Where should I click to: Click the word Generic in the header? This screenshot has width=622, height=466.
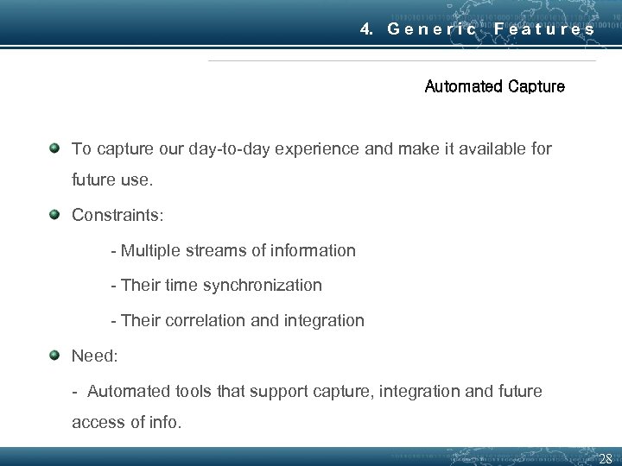(x=432, y=28)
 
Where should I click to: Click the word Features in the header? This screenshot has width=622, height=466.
(x=544, y=28)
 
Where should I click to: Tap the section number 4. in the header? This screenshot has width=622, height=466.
(x=367, y=28)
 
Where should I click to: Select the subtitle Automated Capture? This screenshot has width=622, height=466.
(x=494, y=86)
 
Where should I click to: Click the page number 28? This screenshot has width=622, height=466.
(x=605, y=458)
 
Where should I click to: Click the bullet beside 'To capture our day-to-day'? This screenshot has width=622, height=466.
(x=54, y=148)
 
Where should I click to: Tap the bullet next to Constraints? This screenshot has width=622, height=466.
(x=54, y=214)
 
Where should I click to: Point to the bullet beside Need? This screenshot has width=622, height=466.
(x=54, y=355)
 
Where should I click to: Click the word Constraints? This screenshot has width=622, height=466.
(x=112, y=215)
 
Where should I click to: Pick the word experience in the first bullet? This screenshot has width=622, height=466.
(x=327, y=149)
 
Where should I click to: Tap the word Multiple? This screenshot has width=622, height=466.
(x=152, y=251)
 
